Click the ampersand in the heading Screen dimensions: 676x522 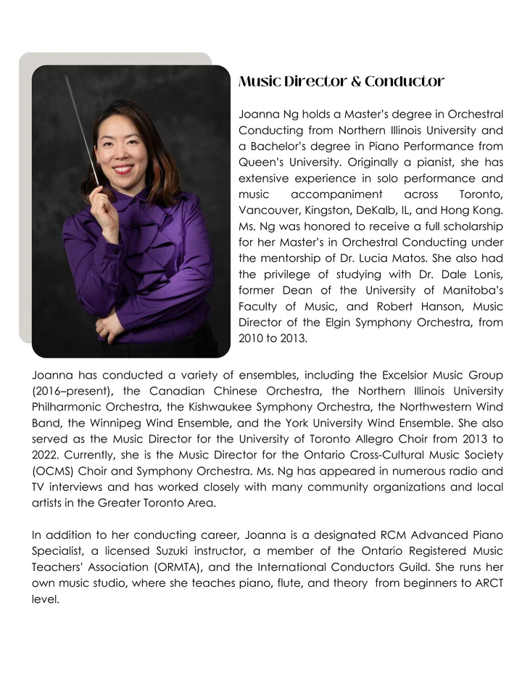point(355,82)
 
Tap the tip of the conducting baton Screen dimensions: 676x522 point(67,78)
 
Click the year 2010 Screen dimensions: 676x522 point(251,338)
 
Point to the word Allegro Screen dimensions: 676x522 point(336,440)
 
